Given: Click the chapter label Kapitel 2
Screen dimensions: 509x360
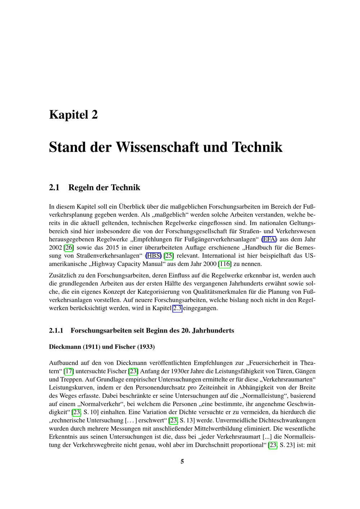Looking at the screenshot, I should [73, 115].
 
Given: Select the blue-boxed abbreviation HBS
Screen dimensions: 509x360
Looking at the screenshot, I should [154, 256].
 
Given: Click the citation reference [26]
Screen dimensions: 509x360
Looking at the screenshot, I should [69, 248].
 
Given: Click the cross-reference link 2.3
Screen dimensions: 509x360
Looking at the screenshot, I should [177, 308].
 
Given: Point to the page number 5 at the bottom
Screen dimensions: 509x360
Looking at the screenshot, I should [182, 461].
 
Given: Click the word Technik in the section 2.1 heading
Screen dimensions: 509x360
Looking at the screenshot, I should [126, 188].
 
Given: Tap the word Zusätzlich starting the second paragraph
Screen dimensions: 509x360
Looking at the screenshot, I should [62, 276].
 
